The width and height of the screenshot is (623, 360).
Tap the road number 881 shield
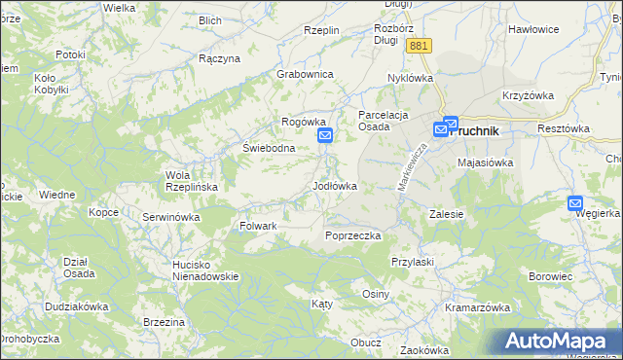point(421,47)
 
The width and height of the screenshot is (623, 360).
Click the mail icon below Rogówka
point(325,138)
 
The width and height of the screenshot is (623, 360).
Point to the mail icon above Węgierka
point(576,202)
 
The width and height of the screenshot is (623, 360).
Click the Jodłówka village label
point(334,185)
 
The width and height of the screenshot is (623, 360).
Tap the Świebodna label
point(269,148)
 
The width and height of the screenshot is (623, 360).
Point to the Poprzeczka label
point(352,235)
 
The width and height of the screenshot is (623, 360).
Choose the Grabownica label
point(305,74)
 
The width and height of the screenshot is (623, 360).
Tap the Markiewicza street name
point(412,166)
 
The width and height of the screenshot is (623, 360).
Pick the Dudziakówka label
point(76,306)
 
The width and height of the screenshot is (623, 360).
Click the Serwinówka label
point(170,216)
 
